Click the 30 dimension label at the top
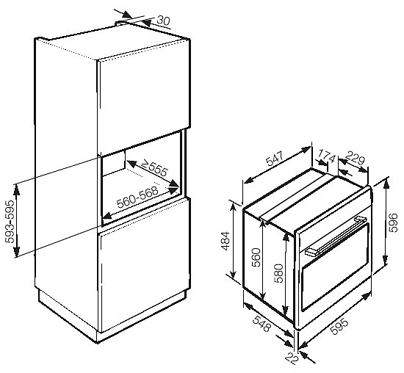tap(164, 21)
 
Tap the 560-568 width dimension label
tap(137, 197)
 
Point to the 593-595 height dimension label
tap(10, 221)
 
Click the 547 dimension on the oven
tap(275, 159)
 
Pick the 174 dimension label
tap(327, 156)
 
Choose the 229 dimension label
tap(355, 158)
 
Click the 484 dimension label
tap(226, 241)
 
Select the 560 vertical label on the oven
tap(256, 257)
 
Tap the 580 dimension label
tap(279, 273)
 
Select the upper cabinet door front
tap(143, 93)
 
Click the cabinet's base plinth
tap(113, 317)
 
